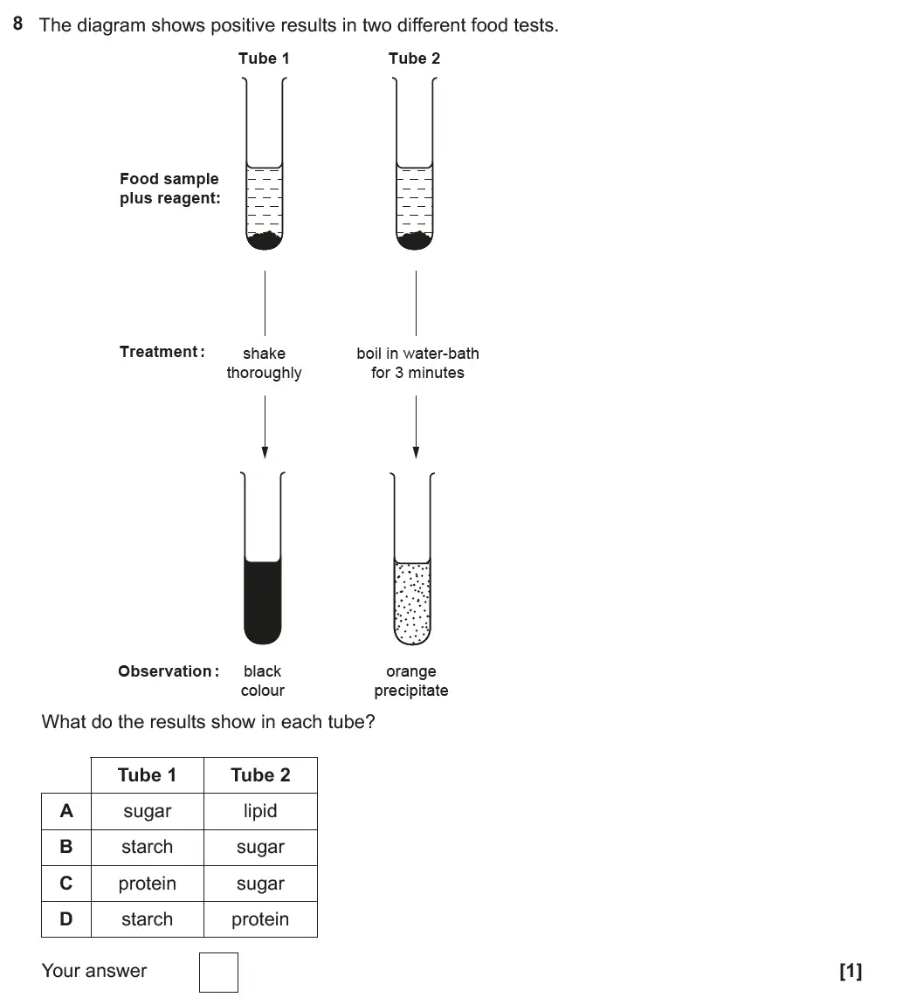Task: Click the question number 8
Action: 18,24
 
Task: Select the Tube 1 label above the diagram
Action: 264,58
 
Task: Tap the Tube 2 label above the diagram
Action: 414,58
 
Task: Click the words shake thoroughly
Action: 264,363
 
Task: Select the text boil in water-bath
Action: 417,354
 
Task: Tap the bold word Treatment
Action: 162,352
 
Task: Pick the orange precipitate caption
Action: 411,681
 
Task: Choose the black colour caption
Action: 263,681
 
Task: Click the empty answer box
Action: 218,972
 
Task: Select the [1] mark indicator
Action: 850,971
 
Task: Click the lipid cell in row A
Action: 260,811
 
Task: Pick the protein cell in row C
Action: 147,884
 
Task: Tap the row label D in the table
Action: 66,919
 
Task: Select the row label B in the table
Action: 66,847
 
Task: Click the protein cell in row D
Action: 260,919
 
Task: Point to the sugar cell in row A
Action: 147,811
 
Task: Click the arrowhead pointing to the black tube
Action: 265,452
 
